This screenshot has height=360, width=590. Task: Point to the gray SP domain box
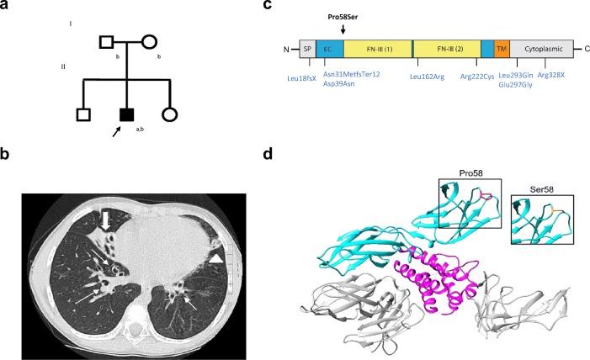click(x=307, y=49)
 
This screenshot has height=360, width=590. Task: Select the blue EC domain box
click(x=329, y=49)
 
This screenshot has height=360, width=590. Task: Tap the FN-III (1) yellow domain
click(x=376, y=49)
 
